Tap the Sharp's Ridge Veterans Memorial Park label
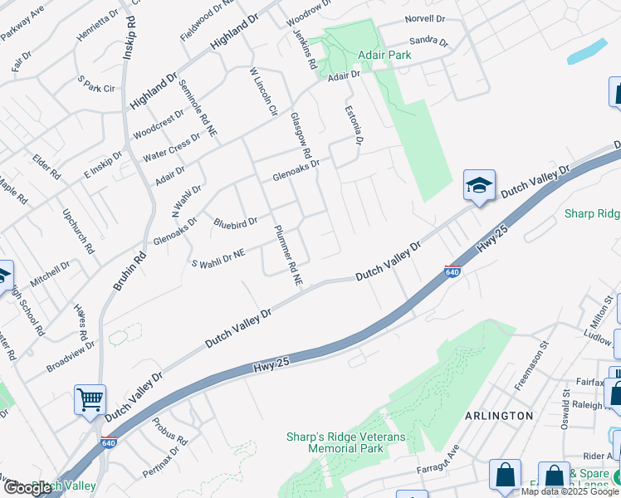[335, 442]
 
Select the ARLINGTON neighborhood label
[498, 415]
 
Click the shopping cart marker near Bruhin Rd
[89, 399]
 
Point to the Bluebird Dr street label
[236, 222]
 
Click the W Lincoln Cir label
[263, 91]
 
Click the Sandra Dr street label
[428, 42]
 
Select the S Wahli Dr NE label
[218, 258]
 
